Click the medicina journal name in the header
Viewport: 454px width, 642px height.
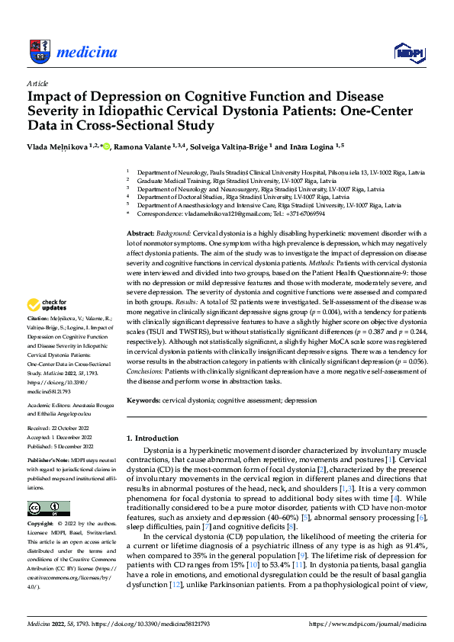point(86,52)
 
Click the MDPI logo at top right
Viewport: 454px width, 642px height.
point(408,52)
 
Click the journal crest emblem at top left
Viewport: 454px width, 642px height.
point(40,52)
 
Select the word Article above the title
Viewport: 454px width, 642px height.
point(37,82)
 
